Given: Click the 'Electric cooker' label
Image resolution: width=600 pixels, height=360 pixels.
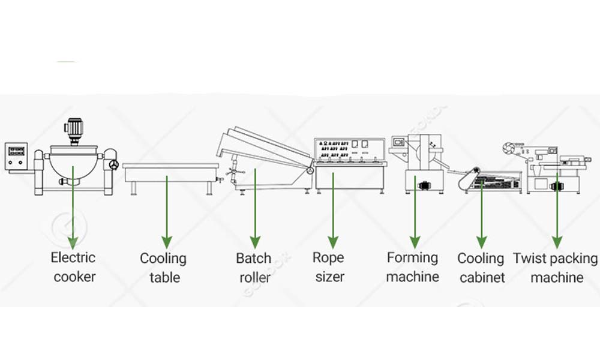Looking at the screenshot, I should tap(73, 267).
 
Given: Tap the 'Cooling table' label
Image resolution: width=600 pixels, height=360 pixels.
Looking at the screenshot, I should tap(163, 268).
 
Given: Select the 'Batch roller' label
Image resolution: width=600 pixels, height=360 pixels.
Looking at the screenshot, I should tap(254, 268).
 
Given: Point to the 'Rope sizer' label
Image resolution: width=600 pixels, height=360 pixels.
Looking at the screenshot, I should tap(328, 267).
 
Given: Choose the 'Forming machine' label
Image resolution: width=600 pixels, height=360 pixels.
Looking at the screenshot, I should tap(413, 267).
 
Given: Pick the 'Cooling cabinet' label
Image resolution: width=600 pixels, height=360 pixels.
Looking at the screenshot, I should tap(481, 268).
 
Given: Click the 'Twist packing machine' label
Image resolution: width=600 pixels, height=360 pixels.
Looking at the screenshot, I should tap(556, 268).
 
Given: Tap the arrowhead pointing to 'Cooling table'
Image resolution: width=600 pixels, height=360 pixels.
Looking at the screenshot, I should tap(166, 242).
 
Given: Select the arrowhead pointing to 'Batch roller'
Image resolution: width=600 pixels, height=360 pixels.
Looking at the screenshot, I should tap(254, 242).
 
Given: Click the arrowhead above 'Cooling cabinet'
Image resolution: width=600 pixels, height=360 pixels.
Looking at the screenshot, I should tap(481, 242).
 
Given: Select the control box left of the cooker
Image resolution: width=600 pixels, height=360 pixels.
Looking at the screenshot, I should tap(17, 156).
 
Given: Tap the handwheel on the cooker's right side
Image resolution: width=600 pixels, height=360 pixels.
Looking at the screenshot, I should tap(112, 164).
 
